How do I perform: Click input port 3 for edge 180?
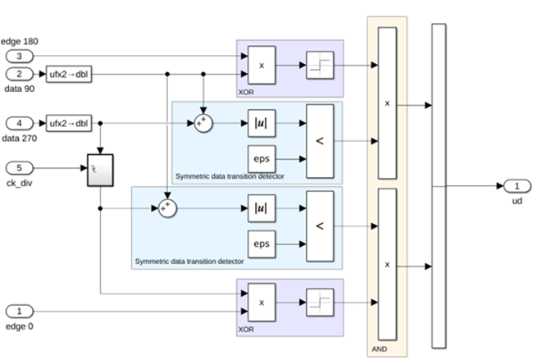click(x=20, y=56)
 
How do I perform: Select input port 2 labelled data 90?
click(x=20, y=73)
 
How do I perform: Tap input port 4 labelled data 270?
click(x=20, y=123)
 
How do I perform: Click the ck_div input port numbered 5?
click(x=20, y=167)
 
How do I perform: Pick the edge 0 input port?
click(x=20, y=312)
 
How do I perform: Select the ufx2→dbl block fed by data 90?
click(x=69, y=73)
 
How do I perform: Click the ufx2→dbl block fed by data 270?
click(x=69, y=123)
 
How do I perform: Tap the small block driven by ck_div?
click(x=99, y=168)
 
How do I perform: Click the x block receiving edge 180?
click(x=262, y=64)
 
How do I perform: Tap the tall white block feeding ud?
click(x=439, y=185)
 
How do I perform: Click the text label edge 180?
click(x=20, y=42)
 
